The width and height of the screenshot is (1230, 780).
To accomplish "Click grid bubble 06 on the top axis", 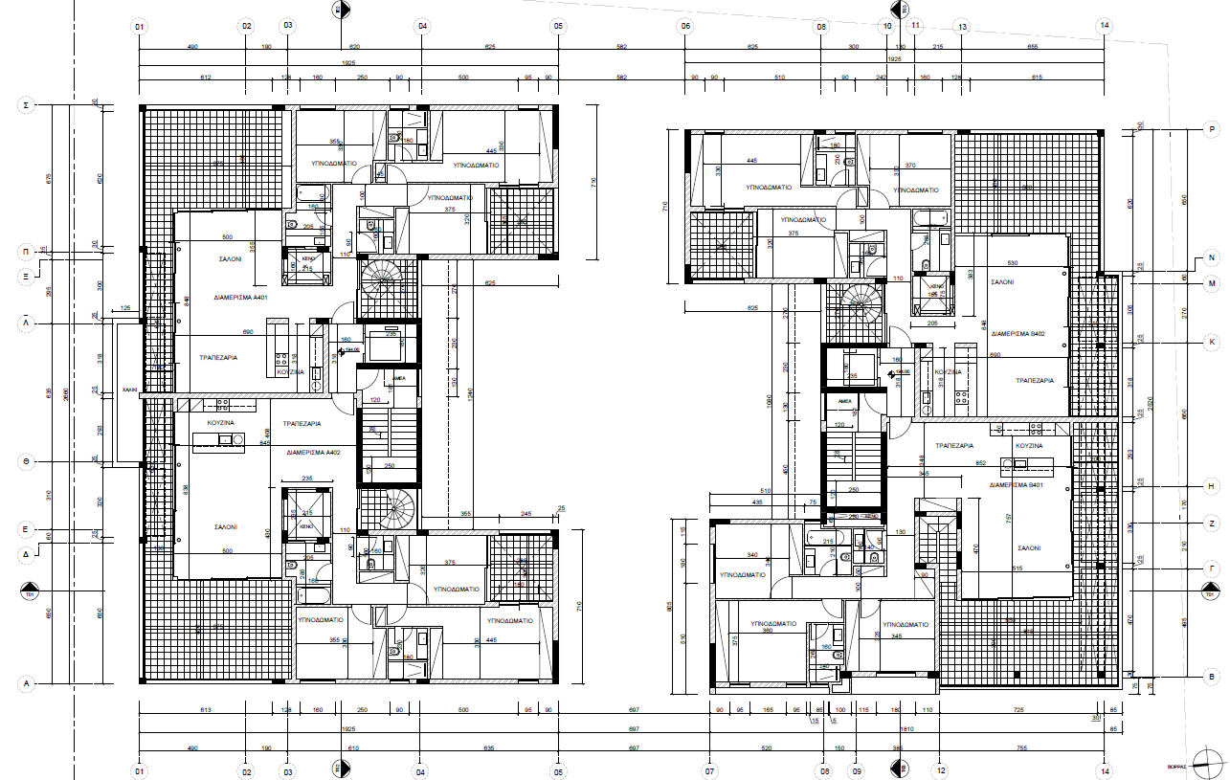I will click(685, 26).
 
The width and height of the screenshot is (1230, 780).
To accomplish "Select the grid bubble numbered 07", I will click(709, 769).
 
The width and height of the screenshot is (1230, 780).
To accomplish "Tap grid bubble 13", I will click(962, 26).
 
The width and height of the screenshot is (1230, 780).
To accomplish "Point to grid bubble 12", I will click(940, 769).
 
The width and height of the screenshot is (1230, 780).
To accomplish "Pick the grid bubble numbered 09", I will click(857, 769).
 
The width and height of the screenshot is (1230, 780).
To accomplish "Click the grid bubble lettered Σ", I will click(28, 105).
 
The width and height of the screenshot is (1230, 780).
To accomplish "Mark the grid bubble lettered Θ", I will click(28, 461).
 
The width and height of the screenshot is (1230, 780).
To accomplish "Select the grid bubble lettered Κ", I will click(1212, 342).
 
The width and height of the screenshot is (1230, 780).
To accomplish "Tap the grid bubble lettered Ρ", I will click(1212, 129).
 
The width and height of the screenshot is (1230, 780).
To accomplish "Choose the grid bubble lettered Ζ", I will click(1212, 524).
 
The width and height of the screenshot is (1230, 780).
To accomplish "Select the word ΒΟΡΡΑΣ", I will click(1177, 766).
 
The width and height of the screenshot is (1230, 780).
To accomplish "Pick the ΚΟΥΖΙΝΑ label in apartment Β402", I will click(948, 370).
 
